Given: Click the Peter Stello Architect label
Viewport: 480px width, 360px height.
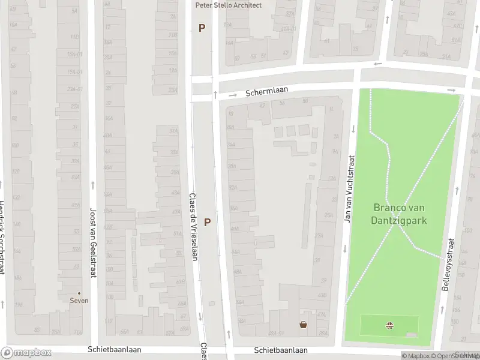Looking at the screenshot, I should click(229, 5).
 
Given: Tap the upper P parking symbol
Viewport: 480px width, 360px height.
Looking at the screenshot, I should click(202, 28).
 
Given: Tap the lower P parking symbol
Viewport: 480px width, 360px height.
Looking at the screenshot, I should click(207, 222).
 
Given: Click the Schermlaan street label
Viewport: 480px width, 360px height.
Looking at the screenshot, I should click(266, 92).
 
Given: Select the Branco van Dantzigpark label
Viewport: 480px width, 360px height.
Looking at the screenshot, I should click(400, 214).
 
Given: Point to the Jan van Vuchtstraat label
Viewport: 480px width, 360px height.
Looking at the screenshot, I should click(347, 190).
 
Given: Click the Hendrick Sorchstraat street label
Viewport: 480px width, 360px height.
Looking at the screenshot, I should click(2, 237).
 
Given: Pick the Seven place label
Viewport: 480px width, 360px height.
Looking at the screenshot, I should click(79, 301).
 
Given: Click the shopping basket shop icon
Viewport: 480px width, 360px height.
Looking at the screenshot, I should click(304, 325).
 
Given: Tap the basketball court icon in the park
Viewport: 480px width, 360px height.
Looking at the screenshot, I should click(390, 326).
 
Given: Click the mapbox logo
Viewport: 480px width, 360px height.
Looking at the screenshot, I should click(26, 353).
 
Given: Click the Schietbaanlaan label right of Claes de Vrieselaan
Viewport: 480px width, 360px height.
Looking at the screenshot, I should click(280, 350).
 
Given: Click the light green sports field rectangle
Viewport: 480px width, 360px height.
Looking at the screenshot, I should click(372, 325).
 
